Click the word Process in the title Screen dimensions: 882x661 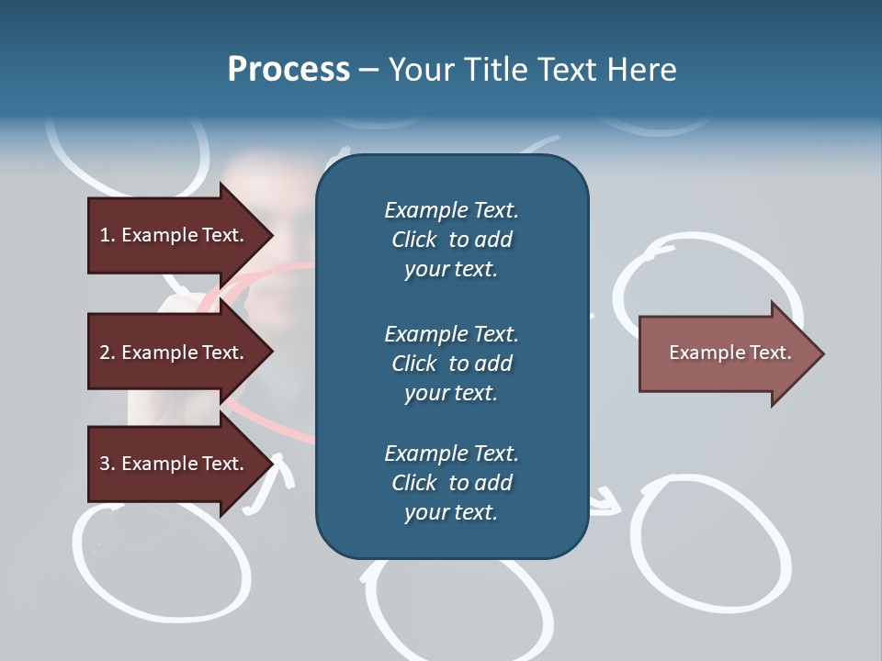(x=289, y=70)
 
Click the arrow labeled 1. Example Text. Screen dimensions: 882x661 (x=181, y=235)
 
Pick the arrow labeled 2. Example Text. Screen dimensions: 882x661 (x=181, y=352)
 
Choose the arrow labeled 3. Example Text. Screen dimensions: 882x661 (x=181, y=464)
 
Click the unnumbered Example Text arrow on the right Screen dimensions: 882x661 (x=731, y=353)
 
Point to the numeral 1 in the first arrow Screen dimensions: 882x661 (x=105, y=235)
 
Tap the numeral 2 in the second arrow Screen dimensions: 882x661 (x=105, y=353)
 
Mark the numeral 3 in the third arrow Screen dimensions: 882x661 (x=105, y=464)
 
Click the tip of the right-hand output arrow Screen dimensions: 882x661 (x=824, y=353)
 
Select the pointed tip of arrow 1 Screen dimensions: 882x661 (x=274, y=235)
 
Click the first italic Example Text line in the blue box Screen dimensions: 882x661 (x=451, y=210)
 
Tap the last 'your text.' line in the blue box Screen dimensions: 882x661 (x=451, y=512)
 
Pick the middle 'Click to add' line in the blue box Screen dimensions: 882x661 (x=452, y=364)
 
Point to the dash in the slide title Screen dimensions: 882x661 (x=369, y=71)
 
